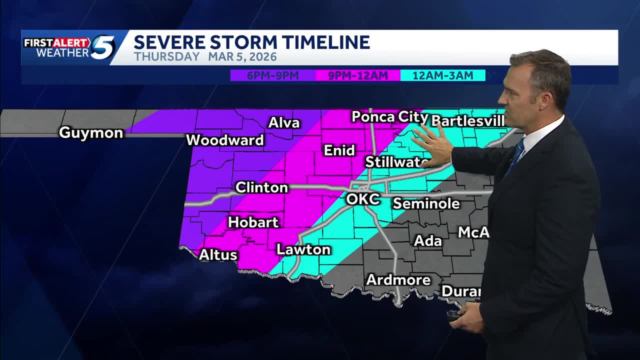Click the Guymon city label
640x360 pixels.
pos(91,132)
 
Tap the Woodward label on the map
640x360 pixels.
pos(225,140)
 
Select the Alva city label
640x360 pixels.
pos(284,122)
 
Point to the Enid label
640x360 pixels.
pos(339,150)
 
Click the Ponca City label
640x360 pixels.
pos(390,117)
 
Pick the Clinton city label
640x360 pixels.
pos(261,187)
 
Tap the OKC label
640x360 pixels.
pos(363,199)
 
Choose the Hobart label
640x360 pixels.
pos(253,222)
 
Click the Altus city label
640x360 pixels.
pos(218,254)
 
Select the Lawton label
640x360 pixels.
pos(303,249)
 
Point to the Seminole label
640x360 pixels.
pos(426,203)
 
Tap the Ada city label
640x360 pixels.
pos(428,240)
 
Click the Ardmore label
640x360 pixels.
pos(398,279)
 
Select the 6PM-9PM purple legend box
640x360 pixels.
pos(273,75)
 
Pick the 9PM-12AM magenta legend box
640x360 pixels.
pos(358,75)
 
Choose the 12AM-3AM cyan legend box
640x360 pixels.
pos(443,75)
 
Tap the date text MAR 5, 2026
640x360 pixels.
pos(242,57)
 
